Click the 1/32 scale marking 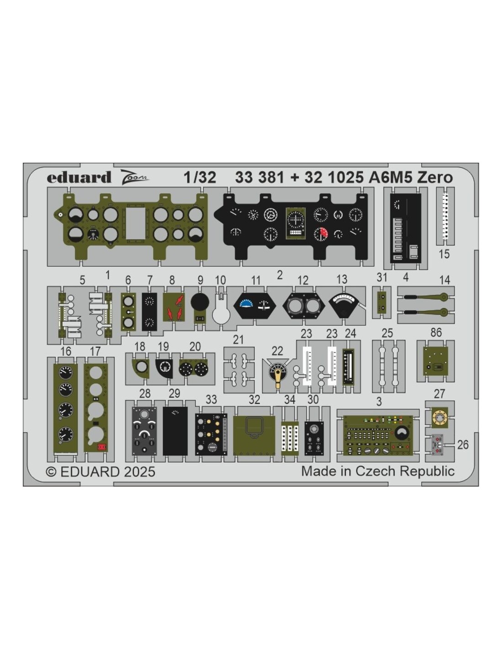(200, 177)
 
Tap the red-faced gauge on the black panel (321, 234)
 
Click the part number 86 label (436, 332)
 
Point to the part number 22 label (277, 351)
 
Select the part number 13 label (342, 279)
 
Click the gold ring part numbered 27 (439, 417)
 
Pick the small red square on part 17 (102, 447)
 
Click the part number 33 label (211, 400)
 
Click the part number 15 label (444, 254)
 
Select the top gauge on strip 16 (65, 373)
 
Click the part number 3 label (379, 402)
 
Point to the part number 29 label (174, 394)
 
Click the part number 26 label (463, 445)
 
